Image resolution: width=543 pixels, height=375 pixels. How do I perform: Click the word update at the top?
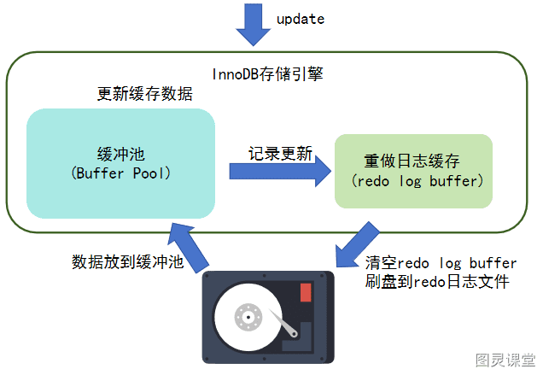click(x=301, y=20)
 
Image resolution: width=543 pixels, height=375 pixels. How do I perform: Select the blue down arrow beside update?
click(x=254, y=25)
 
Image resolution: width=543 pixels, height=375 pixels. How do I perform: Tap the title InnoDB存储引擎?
click(x=267, y=74)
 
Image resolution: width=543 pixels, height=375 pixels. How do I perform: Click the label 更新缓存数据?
click(x=145, y=94)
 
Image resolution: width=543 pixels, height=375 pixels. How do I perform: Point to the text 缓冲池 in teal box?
click(x=120, y=154)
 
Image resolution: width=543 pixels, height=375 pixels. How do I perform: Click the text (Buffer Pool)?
click(x=120, y=173)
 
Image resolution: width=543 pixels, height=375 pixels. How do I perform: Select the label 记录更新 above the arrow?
click(x=280, y=153)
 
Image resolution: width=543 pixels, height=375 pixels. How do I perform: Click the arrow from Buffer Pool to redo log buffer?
click(x=280, y=171)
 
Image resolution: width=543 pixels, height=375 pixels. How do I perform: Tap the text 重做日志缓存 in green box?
click(x=412, y=161)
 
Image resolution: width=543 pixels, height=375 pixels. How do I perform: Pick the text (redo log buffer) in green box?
click(x=417, y=181)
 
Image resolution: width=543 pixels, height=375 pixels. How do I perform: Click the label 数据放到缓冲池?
click(x=127, y=261)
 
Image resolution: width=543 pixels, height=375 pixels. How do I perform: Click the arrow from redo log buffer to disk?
click(x=357, y=245)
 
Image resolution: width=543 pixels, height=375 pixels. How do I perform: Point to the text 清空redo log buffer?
click(x=441, y=263)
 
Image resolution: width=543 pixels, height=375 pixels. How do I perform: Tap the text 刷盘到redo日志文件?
click(x=437, y=281)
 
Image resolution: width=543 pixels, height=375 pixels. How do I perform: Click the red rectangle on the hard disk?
click(x=306, y=292)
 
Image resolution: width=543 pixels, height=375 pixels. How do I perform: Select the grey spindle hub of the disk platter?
click(x=248, y=317)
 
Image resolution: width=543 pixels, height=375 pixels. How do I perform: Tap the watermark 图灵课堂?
click(x=505, y=360)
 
